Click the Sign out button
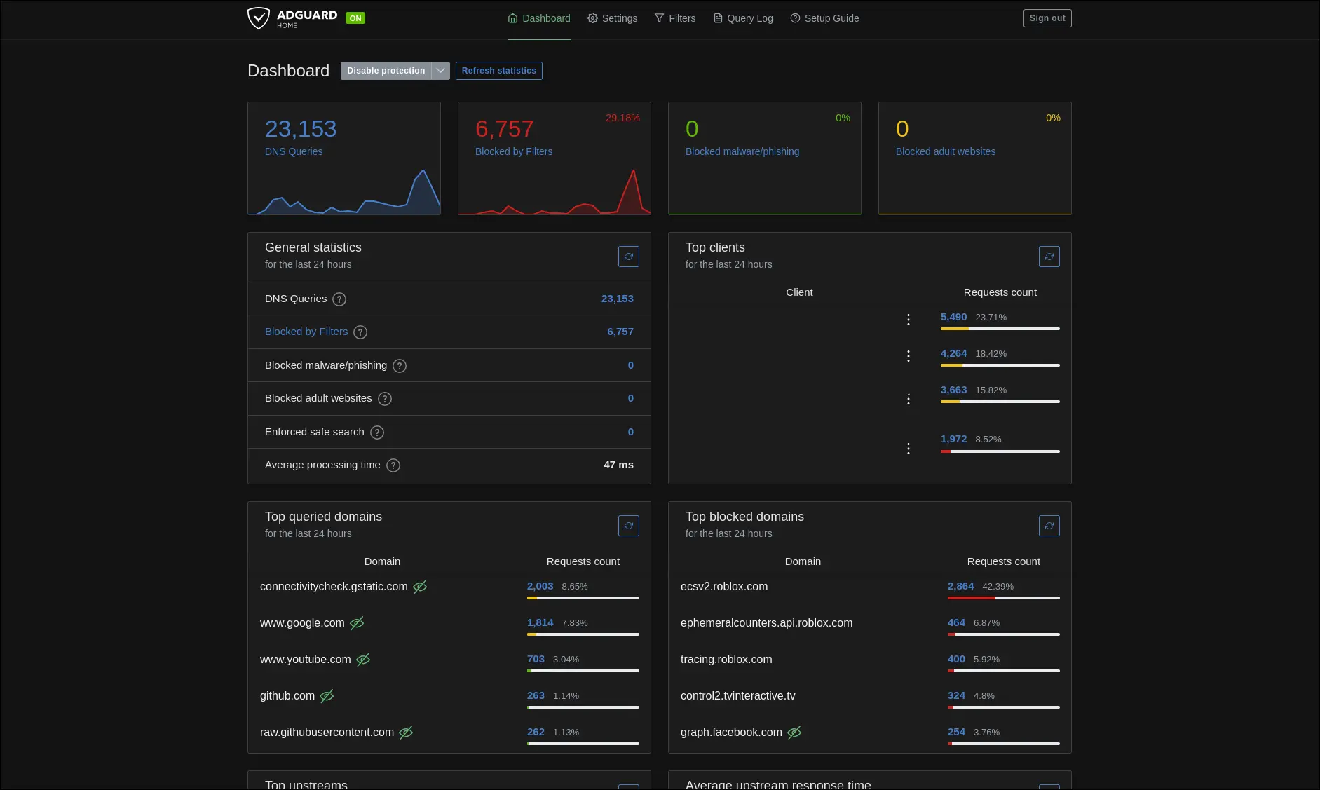[1047, 18]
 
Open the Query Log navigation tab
[743, 18]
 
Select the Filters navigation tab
[674, 18]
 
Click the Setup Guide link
[824, 18]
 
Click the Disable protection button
[386, 71]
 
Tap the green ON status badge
[355, 18]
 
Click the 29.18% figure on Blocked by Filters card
[622, 118]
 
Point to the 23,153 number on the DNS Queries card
[301, 129]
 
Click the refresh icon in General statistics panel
[628, 257]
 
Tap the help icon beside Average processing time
[393, 465]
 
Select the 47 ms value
[618, 465]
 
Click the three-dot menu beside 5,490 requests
[909, 320]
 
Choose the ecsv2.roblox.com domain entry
[724, 587]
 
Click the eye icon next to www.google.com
[357, 623]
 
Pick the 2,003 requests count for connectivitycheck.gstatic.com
[540, 586]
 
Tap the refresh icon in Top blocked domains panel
[1049, 526]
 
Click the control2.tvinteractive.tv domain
[737, 696]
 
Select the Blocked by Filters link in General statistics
[306, 332]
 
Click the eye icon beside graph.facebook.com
[794, 733]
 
